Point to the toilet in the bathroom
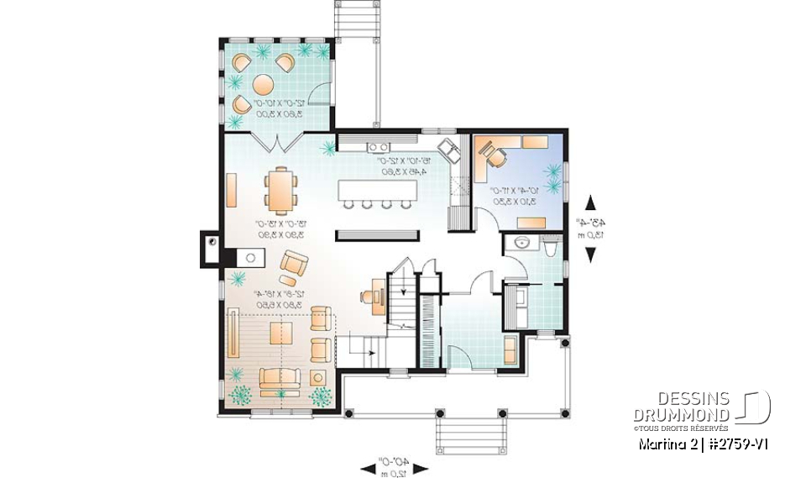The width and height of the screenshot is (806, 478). click(550, 247)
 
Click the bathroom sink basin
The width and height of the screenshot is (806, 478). click(522, 244)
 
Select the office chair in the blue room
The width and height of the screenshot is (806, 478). click(495, 156)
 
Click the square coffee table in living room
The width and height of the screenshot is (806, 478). click(280, 334)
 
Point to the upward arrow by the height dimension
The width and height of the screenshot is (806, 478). click(590, 202)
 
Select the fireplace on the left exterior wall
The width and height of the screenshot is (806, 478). click(210, 250)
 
